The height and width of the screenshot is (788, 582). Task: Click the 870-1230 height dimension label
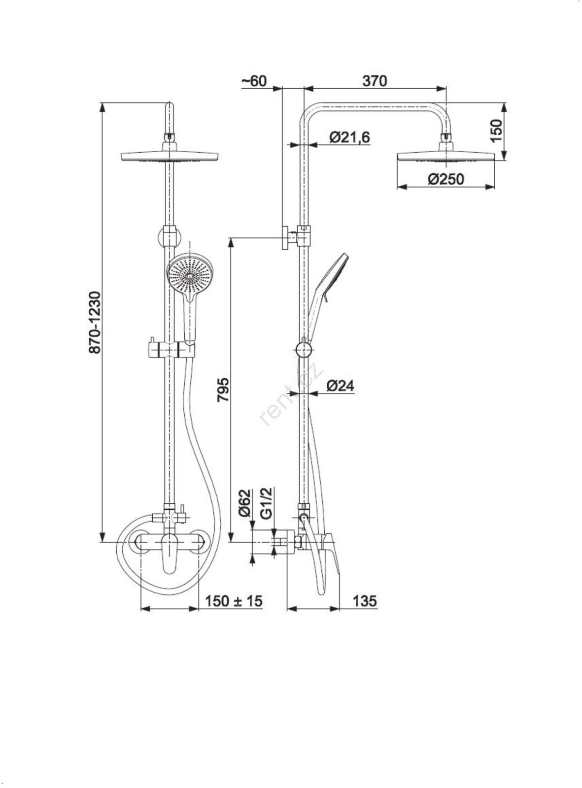(95, 323)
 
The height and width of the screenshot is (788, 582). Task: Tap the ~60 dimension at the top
(254, 81)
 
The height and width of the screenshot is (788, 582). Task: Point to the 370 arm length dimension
(375, 81)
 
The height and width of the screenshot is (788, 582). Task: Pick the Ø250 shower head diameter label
(446, 179)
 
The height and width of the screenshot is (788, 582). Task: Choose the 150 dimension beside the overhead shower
(497, 131)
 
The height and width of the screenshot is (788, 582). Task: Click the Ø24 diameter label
(340, 386)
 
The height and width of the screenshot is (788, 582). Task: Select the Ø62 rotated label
(246, 503)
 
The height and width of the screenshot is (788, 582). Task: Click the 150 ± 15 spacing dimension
(234, 601)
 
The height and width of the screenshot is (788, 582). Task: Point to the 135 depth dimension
(365, 601)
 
